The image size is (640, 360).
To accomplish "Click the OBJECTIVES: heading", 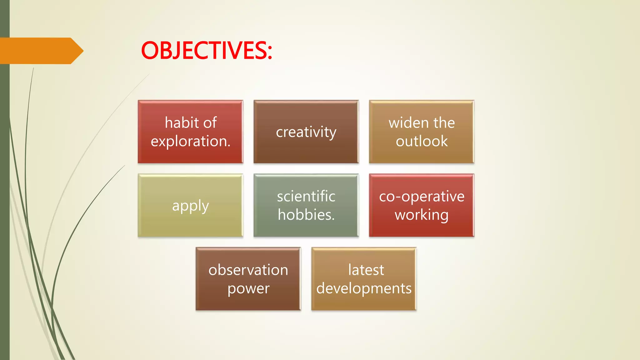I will (x=206, y=51).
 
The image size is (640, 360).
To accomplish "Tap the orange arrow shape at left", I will (x=41, y=51).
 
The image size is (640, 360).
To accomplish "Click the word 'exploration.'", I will (x=191, y=141).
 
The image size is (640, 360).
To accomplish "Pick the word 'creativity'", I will (x=306, y=132).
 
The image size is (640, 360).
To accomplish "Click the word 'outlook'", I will (x=422, y=141).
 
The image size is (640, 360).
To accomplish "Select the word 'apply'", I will (x=190, y=206).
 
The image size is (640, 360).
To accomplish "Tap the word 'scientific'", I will (x=306, y=196).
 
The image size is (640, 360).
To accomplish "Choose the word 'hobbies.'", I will (x=306, y=215).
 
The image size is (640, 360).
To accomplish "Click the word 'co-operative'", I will (x=422, y=196).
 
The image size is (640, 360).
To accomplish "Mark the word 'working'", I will (x=422, y=215).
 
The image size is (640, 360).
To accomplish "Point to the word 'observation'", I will (x=248, y=270).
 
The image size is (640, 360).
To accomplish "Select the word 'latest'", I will (x=366, y=270).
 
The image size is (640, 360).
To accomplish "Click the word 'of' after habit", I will (x=210, y=122).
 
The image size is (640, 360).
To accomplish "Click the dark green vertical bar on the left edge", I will (x=5, y=203).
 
